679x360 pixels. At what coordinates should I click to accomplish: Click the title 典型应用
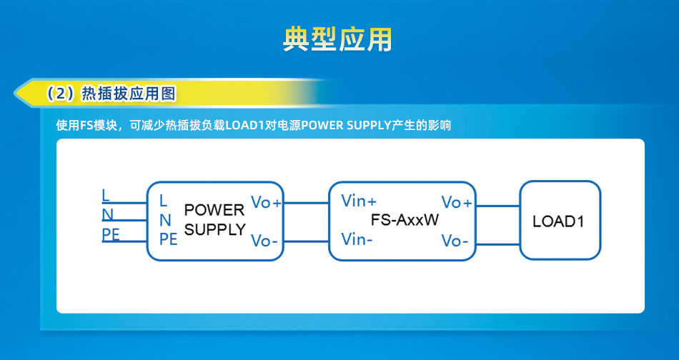point(337,40)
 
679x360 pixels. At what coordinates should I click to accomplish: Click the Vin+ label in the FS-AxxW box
point(359,201)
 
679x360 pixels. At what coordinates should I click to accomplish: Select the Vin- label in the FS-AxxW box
point(357,239)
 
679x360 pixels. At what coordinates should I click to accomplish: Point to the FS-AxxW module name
point(405,220)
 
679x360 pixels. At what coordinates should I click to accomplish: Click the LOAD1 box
point(560,220)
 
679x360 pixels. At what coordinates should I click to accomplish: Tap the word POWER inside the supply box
point(214,210)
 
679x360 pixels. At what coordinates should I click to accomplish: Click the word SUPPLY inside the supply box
point(215,229)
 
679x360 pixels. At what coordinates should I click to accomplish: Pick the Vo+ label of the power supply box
point(266,202)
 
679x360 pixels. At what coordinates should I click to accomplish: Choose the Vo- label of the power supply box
point(264,241)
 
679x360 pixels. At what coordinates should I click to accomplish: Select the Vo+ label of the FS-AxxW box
point(457,202)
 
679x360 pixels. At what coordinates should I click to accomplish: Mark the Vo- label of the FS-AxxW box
point(455,241)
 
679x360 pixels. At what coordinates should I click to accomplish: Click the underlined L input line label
point(106,196)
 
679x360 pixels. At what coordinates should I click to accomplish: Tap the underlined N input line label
point(107,214)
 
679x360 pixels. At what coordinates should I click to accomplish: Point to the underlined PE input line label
point(111,234)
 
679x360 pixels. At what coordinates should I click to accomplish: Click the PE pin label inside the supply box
point(169,239)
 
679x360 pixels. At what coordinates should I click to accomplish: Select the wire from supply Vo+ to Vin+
point(306,203)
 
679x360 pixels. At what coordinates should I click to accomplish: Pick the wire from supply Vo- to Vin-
point(306,241)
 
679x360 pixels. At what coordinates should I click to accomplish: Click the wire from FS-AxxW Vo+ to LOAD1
point(497,206)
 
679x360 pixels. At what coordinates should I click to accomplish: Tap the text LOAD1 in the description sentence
point(244,126)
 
